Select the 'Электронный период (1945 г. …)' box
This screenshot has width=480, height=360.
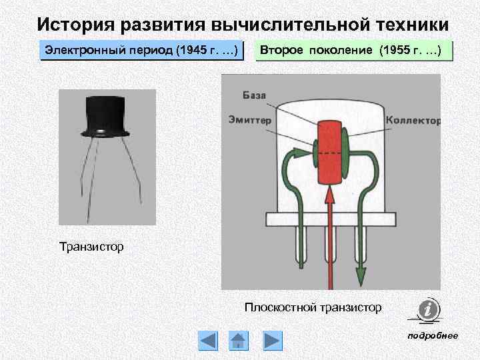click(x=146, y=51)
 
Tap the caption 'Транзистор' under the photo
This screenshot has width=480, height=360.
click(x=92, y=247)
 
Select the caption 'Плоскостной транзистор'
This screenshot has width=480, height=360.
click(x=313, y=307)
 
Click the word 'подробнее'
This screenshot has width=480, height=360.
click(x=433, y=335)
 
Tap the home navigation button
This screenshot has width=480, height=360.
click(x=239, y=341)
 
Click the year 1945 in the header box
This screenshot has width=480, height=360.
click(x=199, y=51)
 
